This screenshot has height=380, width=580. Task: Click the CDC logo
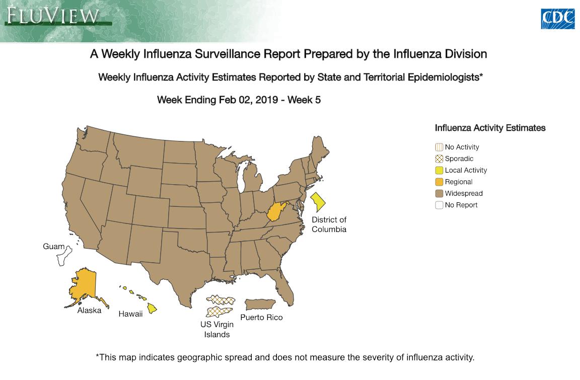pos(557,19)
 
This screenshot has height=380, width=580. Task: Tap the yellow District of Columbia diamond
pos(318,202)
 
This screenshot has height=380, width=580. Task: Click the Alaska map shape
pos(83,286)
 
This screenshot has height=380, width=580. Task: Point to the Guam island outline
pos(64,256)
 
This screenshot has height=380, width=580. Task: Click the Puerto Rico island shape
pos(259,305)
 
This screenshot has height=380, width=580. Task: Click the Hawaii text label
pos(130,314)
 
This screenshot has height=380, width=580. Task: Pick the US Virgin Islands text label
pos(216,329)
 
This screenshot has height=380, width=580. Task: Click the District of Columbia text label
pos(329,224)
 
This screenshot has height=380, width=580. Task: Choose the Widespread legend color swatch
pos(439,194)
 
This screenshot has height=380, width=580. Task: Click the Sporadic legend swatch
pos(439,159)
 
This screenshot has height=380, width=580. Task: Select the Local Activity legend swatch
pos(439,171)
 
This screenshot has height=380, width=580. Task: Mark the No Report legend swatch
pos(439,205)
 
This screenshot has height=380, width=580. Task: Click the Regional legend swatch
pos(439,182)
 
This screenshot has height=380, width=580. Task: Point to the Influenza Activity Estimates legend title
pos(490,128)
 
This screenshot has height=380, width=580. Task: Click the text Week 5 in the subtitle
pos(304,100)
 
